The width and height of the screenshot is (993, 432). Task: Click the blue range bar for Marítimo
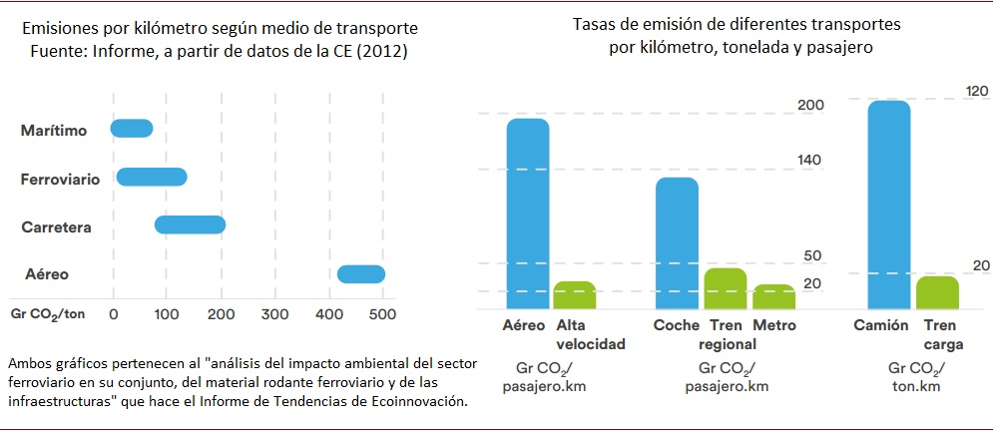coord(132,129)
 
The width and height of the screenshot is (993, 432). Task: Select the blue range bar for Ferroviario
coord(152,177)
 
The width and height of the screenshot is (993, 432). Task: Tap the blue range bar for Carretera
coord(190,224)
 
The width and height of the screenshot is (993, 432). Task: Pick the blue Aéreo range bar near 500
coord(361,274)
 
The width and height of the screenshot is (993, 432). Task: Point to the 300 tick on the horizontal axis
coord(274,313)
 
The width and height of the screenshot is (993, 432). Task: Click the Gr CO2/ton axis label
coord(47,313)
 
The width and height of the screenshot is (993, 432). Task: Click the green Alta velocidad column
coord(574,294)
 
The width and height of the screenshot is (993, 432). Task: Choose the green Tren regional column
coord(726,287)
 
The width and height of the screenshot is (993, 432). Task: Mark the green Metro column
coord(774,295)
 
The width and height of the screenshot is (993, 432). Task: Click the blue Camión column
coord(889,204)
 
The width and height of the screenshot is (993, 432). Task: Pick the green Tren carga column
coord(937,291)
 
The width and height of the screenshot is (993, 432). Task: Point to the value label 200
coord(809,106)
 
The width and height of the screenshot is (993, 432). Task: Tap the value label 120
coord(977,91)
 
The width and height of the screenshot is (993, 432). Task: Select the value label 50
coord(811,256)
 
